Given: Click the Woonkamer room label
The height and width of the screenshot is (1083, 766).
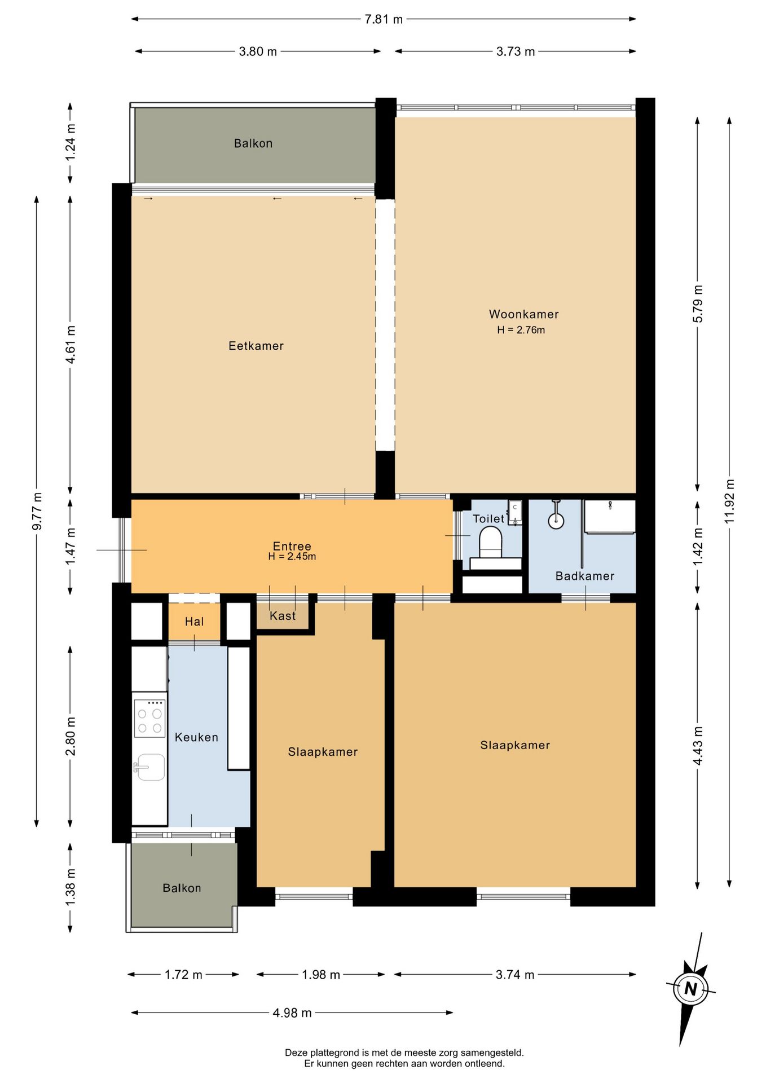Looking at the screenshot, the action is point(523,314).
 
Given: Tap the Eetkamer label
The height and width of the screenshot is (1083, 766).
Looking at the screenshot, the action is point(256,346).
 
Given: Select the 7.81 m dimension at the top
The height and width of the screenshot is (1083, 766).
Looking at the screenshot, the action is point(384,19).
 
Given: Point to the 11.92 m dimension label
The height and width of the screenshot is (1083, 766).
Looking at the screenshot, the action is point(729,501).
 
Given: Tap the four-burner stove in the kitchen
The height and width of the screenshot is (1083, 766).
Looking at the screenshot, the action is point(149,718).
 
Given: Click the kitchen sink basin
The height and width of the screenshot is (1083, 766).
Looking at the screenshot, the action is point(151,767).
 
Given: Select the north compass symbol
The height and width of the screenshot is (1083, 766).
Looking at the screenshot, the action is point(690,989).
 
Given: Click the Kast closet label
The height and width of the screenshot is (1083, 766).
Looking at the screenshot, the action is point(282,616).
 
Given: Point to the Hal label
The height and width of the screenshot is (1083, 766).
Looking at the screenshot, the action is point(194,622).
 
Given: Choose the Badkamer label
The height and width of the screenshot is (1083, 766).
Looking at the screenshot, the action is point(584,576).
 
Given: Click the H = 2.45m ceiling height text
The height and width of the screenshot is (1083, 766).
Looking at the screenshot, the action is point(292,557).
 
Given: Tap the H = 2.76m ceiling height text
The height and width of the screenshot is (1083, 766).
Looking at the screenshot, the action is point(521,330).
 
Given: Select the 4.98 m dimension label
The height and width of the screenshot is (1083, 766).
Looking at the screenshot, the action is point(292,1012).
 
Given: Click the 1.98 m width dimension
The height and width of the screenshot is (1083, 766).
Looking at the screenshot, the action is point(320,975).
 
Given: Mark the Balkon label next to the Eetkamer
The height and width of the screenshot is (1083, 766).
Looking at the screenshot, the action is point(253,143).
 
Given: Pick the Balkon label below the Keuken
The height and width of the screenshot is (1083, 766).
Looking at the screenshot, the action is point(182,888).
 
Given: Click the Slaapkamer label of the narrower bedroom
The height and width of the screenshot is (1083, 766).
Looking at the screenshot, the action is point(323,752).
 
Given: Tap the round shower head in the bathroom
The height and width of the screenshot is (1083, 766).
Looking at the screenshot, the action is point(556,520).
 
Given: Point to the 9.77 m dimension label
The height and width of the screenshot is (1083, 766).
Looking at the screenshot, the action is point(37,511).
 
